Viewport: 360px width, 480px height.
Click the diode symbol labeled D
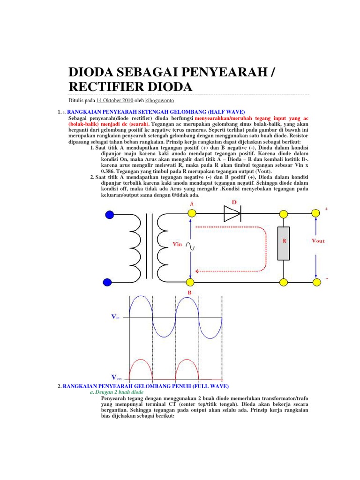[x=232, y=214]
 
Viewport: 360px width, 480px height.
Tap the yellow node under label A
[x=191, y=214]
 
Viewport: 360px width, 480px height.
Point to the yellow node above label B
[x=191, y=282]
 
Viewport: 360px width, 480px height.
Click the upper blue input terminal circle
[x=109, y=215]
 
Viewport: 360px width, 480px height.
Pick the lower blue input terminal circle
[x=107, y=282]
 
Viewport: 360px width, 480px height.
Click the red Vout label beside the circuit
[x=318, y=241]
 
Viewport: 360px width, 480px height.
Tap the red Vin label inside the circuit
[x=178, y=244]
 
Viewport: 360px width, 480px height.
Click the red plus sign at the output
[x=326, y=210]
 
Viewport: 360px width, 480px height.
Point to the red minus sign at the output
[x=327, y=279]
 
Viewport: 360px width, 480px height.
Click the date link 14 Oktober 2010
[x=115, y=100]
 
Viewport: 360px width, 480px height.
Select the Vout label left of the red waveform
[x=116, y=377]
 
